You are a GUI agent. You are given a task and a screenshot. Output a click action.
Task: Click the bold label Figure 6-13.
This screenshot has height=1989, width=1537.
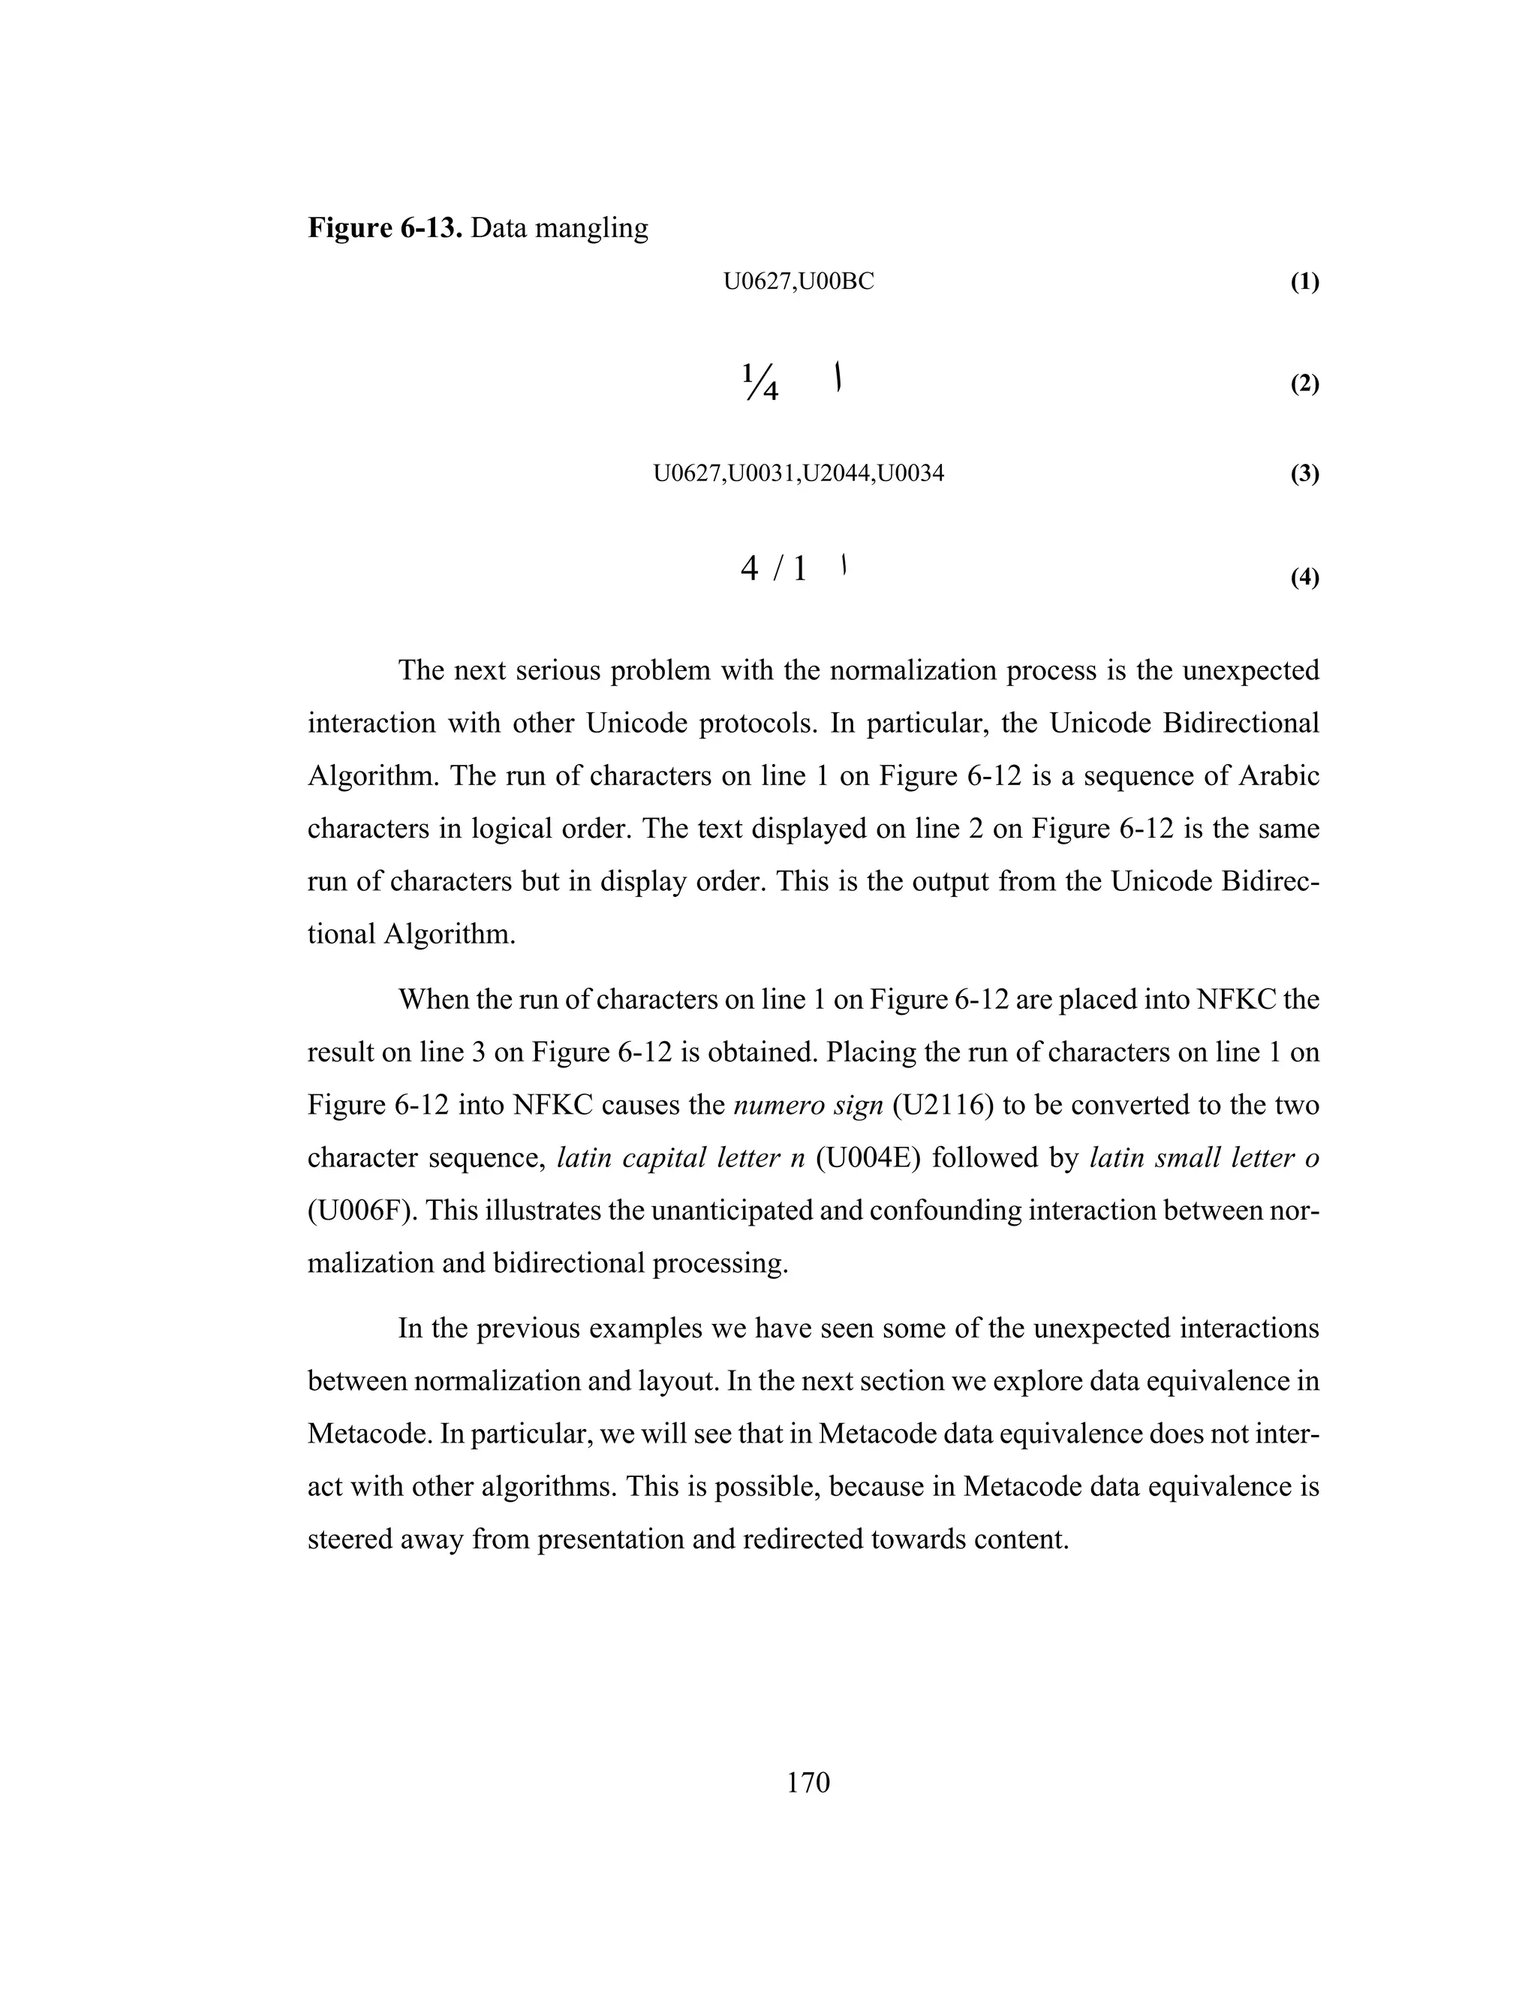coord(385,227)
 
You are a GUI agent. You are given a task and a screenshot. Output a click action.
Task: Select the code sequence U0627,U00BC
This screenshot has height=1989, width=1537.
coord(799,282)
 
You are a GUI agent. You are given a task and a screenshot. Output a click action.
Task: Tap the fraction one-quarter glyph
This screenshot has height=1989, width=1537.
coord(760,383)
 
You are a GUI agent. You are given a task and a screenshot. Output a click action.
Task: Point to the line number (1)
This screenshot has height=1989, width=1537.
coord(1304,282)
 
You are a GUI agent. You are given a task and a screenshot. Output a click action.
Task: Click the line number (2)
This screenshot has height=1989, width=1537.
coord(1304,384)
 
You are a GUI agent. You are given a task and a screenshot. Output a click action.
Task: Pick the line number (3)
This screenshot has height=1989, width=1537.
coord(1304,474)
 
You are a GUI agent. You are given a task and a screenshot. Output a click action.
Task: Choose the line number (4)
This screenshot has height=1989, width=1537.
coord(1304,577)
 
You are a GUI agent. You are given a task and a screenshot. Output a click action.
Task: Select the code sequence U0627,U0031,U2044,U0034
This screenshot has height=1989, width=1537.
coord(799,474)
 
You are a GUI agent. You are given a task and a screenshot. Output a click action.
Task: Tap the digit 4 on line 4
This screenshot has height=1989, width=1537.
coord(750,569)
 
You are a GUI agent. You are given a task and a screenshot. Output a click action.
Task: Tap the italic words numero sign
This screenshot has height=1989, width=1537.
coord(808,1106)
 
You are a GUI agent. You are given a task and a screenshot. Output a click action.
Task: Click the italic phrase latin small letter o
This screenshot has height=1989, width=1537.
coord(1204,1158)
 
